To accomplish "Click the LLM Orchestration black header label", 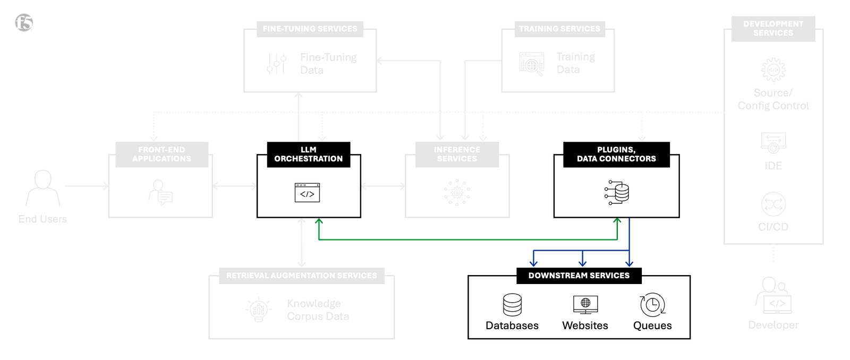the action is click(x=308, y=155).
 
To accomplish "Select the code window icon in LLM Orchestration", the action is click(x=307, y=193).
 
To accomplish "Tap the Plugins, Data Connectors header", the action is click(x=616, y=155).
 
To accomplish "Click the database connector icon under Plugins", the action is click(x=617, y=192).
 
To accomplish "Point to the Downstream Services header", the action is click(x=579, y=276).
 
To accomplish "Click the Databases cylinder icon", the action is click(x=512, y=305).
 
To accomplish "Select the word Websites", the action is click(x=585, y=325).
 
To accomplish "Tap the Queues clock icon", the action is click(x=652, y=305).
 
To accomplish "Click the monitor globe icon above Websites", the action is click(x=585, y=304).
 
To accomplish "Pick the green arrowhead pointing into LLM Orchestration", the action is click(x=319, y=221).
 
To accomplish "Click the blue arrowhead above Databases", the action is click(x=534, y=263).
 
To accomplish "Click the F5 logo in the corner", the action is click(x=24, y=22).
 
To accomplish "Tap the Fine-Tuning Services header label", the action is click(x=310, y=29).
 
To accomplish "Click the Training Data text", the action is click(x=575, y=63).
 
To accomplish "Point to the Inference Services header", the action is click(x=457, y=155).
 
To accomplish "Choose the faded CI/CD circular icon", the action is click(x=773, y=204).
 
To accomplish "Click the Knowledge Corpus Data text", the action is click(x=318, y=310).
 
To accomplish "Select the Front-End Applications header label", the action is click(x=161, y=155).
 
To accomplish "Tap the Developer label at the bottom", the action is click(x=773, y=325).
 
